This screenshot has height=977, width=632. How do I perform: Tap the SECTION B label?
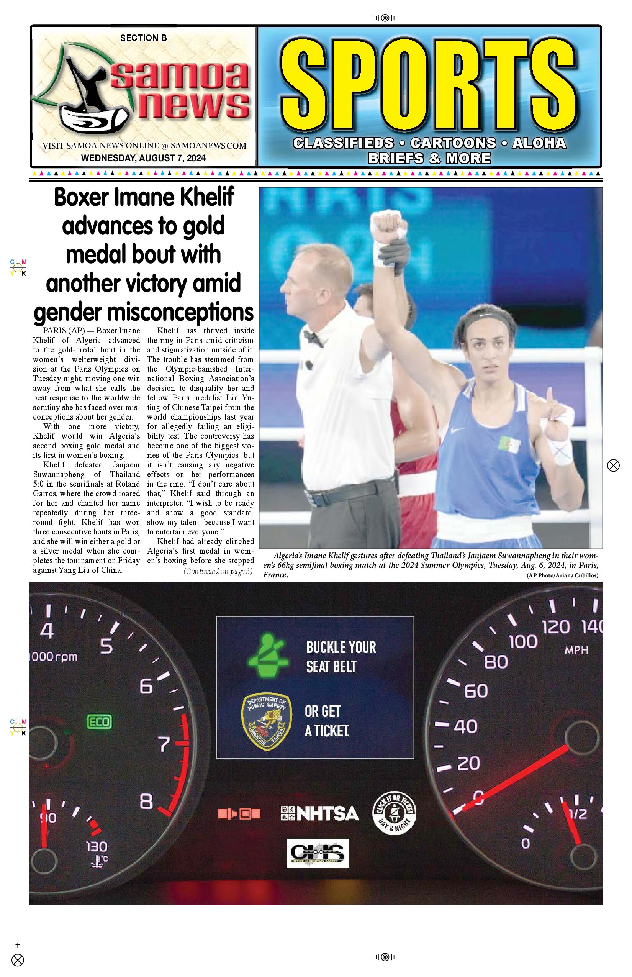[143, 38]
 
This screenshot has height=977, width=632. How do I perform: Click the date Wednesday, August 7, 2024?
[143, 158]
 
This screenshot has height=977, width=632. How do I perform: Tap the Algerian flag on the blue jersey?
[509, 444]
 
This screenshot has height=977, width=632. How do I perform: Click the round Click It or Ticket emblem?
[395, 813]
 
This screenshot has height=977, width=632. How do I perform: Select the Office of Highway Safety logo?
[318, 852]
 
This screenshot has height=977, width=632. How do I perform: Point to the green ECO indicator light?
[99, 722]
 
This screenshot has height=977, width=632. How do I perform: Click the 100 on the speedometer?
[523, 641]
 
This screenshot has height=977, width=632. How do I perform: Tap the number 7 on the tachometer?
[164, 743]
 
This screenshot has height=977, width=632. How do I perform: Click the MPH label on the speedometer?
[576, 650]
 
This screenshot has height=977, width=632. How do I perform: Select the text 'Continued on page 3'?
[218, 571]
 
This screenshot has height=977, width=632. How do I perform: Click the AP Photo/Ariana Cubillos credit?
[562, 575]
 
